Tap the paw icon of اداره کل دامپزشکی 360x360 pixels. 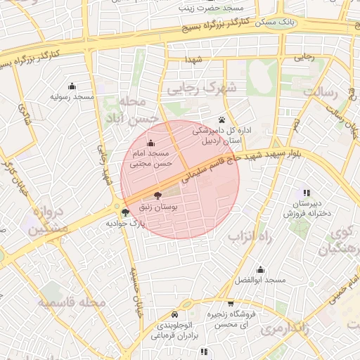[x=222, y=119]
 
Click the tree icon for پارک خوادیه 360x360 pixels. [x=125, y=212]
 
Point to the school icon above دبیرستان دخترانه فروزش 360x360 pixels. [x=306, y=193]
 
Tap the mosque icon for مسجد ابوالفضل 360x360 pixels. [x=260, y=269]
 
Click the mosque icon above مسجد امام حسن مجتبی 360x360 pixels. [x=150, y=143]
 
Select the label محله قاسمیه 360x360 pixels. [x=72, y=302]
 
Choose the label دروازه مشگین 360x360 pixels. [x=50, y=220]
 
